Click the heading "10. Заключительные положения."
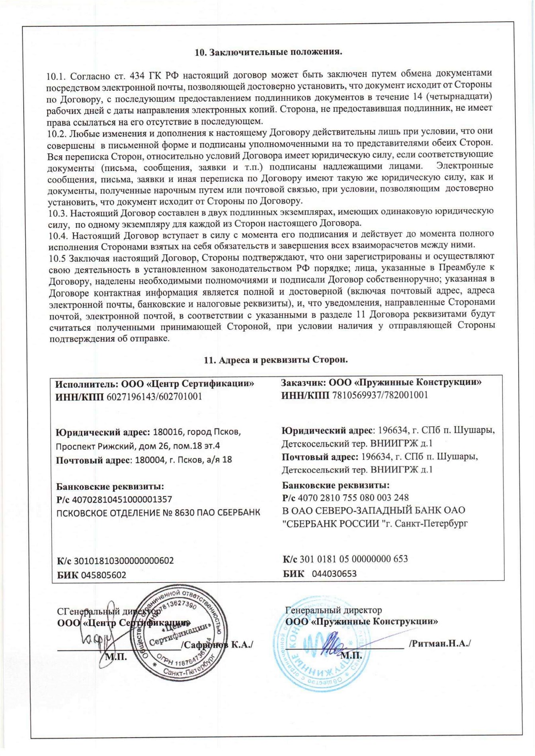pos(268,52)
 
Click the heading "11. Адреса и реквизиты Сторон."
pos(275,360)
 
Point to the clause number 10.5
pos(57,259)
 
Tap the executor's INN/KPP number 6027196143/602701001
pos(154,397)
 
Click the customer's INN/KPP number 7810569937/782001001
pos(380,395)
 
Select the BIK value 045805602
pos(103,575)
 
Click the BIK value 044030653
pos(334,573)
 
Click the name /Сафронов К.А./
pos(217,645)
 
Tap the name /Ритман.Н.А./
pos(439,643)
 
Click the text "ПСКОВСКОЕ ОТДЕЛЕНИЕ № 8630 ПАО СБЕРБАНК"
pos(158,513)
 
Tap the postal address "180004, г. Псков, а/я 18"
pos(184,460)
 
